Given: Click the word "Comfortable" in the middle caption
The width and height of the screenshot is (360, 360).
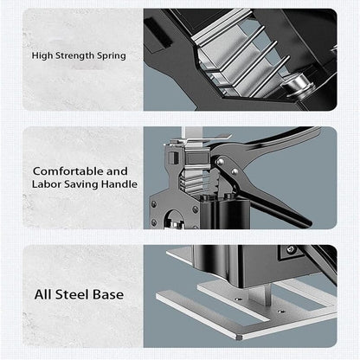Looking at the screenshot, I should tap(67, 171).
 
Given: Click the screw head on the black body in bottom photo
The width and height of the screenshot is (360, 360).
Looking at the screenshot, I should tap(290, 251).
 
